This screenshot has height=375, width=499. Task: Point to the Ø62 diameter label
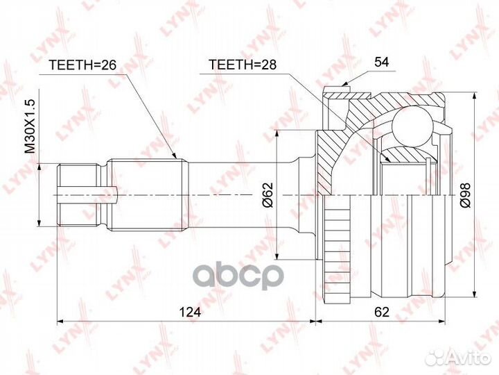point(268,196)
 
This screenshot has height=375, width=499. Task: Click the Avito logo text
point(466,357)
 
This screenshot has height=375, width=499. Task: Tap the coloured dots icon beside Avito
point(434,356)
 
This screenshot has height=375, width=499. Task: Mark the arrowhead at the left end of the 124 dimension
point(60,321)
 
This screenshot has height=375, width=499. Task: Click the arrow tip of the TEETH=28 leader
point(390,162)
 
